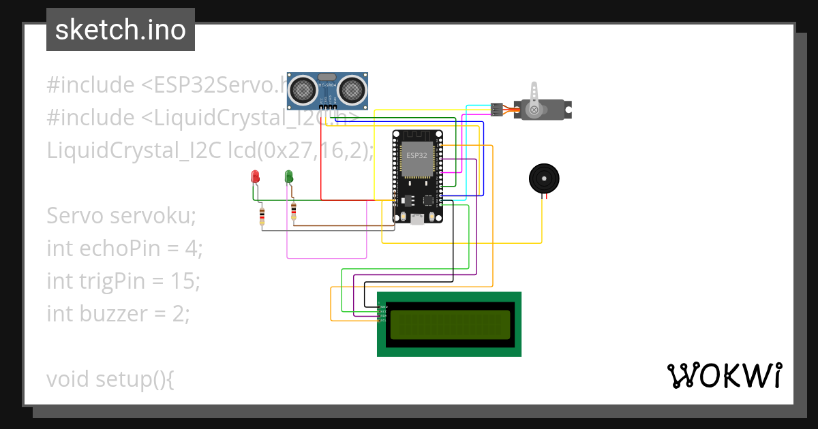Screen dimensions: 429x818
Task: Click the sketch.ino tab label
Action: point(120,30)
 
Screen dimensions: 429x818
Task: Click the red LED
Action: point(255,176)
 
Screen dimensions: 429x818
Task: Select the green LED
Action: point(288,176)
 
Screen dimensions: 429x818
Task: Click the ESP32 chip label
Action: point(416,156)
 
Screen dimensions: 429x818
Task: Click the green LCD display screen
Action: point(449,325)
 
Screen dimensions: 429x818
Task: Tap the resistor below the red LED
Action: point(262,216)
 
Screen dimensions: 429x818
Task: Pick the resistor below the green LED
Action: point(294,212)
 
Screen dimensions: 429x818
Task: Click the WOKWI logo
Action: point(723,376)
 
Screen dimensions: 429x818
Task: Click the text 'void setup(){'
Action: point(110,379)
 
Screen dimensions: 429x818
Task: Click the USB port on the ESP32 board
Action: point(416,219)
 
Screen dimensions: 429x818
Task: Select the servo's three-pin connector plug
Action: point(497,108)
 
